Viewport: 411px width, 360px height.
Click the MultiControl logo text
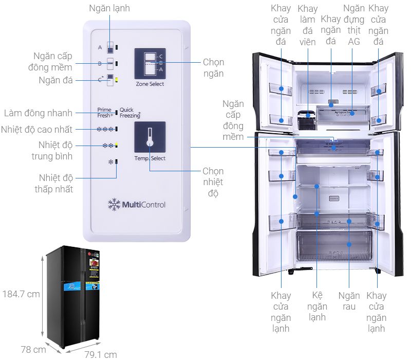coord(137,205)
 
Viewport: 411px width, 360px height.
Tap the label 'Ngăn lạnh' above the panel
coord(109,8)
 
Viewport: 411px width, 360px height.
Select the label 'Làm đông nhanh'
coord(38,113)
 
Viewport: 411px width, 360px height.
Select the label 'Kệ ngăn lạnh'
coord(317,307)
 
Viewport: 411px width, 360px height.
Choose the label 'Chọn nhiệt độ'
coord(213,182)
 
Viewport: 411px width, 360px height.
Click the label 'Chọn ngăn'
coord(213,67)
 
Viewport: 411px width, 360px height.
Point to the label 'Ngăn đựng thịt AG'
coord(354,25)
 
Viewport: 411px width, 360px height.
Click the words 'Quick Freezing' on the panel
coord(130,113)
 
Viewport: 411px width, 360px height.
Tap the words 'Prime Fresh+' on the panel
coord(105,113)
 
